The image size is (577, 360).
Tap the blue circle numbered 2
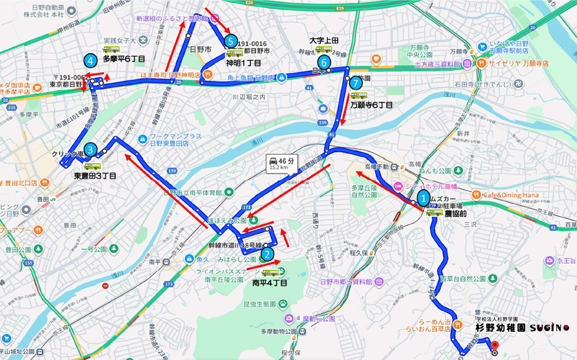(x=268, y=255)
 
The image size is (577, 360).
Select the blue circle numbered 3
(x=90, y=151)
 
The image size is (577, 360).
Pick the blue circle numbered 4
(x=91, y=61)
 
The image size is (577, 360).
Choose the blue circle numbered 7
(x=356, y=83)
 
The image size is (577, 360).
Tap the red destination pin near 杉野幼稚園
(x=494, y=346)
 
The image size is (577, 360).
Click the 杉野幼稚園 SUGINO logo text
(x=521, y=327)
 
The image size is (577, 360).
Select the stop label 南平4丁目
(x=270, y=283)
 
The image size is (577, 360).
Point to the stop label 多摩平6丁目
(x=124, y=59)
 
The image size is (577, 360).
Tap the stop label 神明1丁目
(x=244, y=62)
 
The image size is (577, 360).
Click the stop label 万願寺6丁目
(x=372, y=105)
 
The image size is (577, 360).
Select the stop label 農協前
(x=456, y=214)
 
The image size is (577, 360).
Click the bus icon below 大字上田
(x=324, y=50)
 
